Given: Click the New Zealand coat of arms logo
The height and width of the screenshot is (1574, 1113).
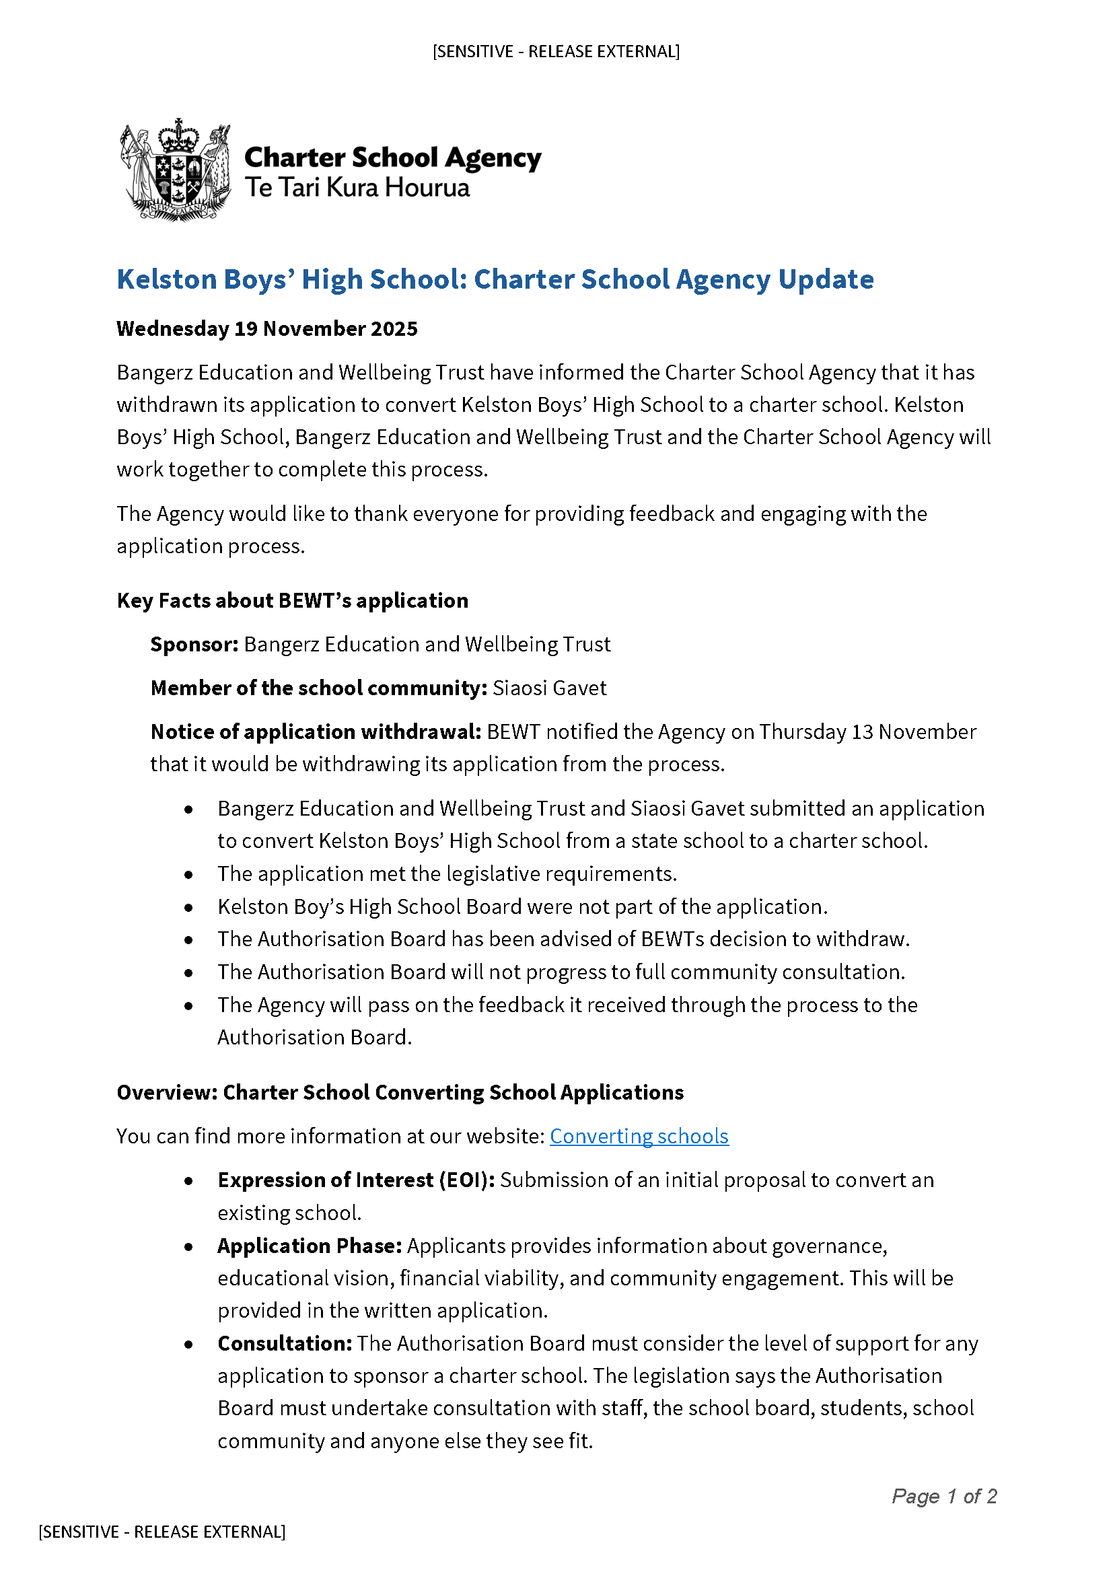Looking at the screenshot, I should point(175,170).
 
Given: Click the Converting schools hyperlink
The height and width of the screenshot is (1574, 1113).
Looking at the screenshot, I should point(639,1136).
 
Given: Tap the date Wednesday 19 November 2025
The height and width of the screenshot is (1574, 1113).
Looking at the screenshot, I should point(266,329).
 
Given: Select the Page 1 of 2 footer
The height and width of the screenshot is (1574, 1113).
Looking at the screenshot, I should point(943,1496).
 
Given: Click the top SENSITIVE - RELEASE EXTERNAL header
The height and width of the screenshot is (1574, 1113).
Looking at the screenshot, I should point(556,51).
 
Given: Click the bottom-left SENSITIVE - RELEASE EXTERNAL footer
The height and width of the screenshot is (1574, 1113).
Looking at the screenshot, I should point(161,1532).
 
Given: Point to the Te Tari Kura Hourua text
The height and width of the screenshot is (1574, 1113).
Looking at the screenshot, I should point(357,188).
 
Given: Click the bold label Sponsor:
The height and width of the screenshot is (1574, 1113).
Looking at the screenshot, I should point(194,645).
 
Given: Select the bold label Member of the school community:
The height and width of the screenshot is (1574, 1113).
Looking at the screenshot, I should point(319,688).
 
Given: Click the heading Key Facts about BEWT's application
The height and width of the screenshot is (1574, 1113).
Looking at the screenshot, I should point(293,600).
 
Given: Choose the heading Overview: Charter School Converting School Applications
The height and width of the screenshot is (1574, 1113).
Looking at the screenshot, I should point(400,1092).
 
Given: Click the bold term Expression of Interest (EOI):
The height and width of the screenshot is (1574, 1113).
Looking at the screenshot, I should point(356,1180).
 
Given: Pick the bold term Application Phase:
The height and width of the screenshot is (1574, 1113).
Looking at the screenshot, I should point(310,1246).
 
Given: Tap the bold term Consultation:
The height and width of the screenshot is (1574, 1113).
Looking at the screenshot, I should point(285,1343).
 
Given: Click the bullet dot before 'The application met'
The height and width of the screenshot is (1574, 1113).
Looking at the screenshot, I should point(188,875).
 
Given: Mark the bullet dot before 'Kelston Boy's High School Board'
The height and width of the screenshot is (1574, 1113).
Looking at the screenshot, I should point(188,908).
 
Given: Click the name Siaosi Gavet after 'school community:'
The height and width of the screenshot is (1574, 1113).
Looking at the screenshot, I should point(550,688).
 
